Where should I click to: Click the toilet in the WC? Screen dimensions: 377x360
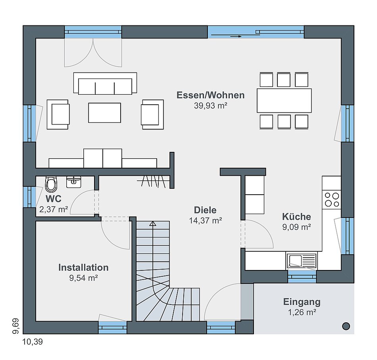click(51, 184)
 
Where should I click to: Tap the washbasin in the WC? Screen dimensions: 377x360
click(73, 182)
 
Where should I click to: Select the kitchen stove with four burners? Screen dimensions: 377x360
click(332, 199)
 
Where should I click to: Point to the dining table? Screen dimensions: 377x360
click(284, 101)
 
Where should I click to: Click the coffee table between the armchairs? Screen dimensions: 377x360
click(105, 113)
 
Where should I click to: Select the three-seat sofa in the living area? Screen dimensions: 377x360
click(105, 84)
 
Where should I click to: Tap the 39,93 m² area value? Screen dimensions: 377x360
click(211, 106)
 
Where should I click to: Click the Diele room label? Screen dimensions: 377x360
click(205, 210)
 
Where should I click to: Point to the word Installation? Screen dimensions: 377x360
click(83, 267)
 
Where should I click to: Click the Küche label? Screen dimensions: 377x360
click(296, 216)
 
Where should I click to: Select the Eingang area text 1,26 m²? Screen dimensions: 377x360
click(302, 312)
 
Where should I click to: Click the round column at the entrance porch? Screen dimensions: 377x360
click(346, 326)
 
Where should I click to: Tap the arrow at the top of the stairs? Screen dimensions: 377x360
click(153, 224)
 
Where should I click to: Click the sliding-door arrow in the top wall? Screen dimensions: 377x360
click(236, 36)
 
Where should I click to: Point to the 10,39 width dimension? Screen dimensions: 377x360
click(33, 341)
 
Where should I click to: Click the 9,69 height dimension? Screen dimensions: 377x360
click(16, 326)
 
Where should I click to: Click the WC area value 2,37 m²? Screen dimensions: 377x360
click(54, 209)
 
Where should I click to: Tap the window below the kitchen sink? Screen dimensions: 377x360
click(302, 277)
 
